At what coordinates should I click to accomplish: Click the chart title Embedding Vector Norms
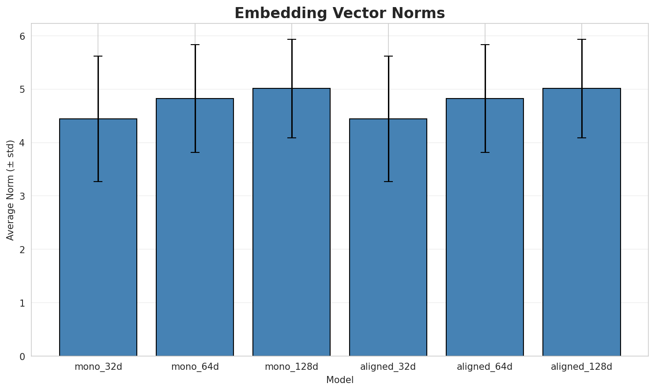tap(339, 13)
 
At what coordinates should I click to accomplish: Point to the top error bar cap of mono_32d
tap(98, 56)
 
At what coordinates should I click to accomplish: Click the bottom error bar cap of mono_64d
tap(195, 152)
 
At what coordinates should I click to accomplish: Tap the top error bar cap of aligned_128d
tap(581, 39)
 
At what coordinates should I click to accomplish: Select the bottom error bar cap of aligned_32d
tap(388, 182)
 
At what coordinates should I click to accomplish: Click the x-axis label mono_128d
tap(291, 367)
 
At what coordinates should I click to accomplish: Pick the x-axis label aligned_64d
tap(485, 367)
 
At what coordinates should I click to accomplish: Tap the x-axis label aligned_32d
tap(388, 367)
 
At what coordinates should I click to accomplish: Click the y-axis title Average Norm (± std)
tap(11, 190)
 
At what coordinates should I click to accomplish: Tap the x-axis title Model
tap(339, 380)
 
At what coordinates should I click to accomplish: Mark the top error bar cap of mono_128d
tap(291, 39)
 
